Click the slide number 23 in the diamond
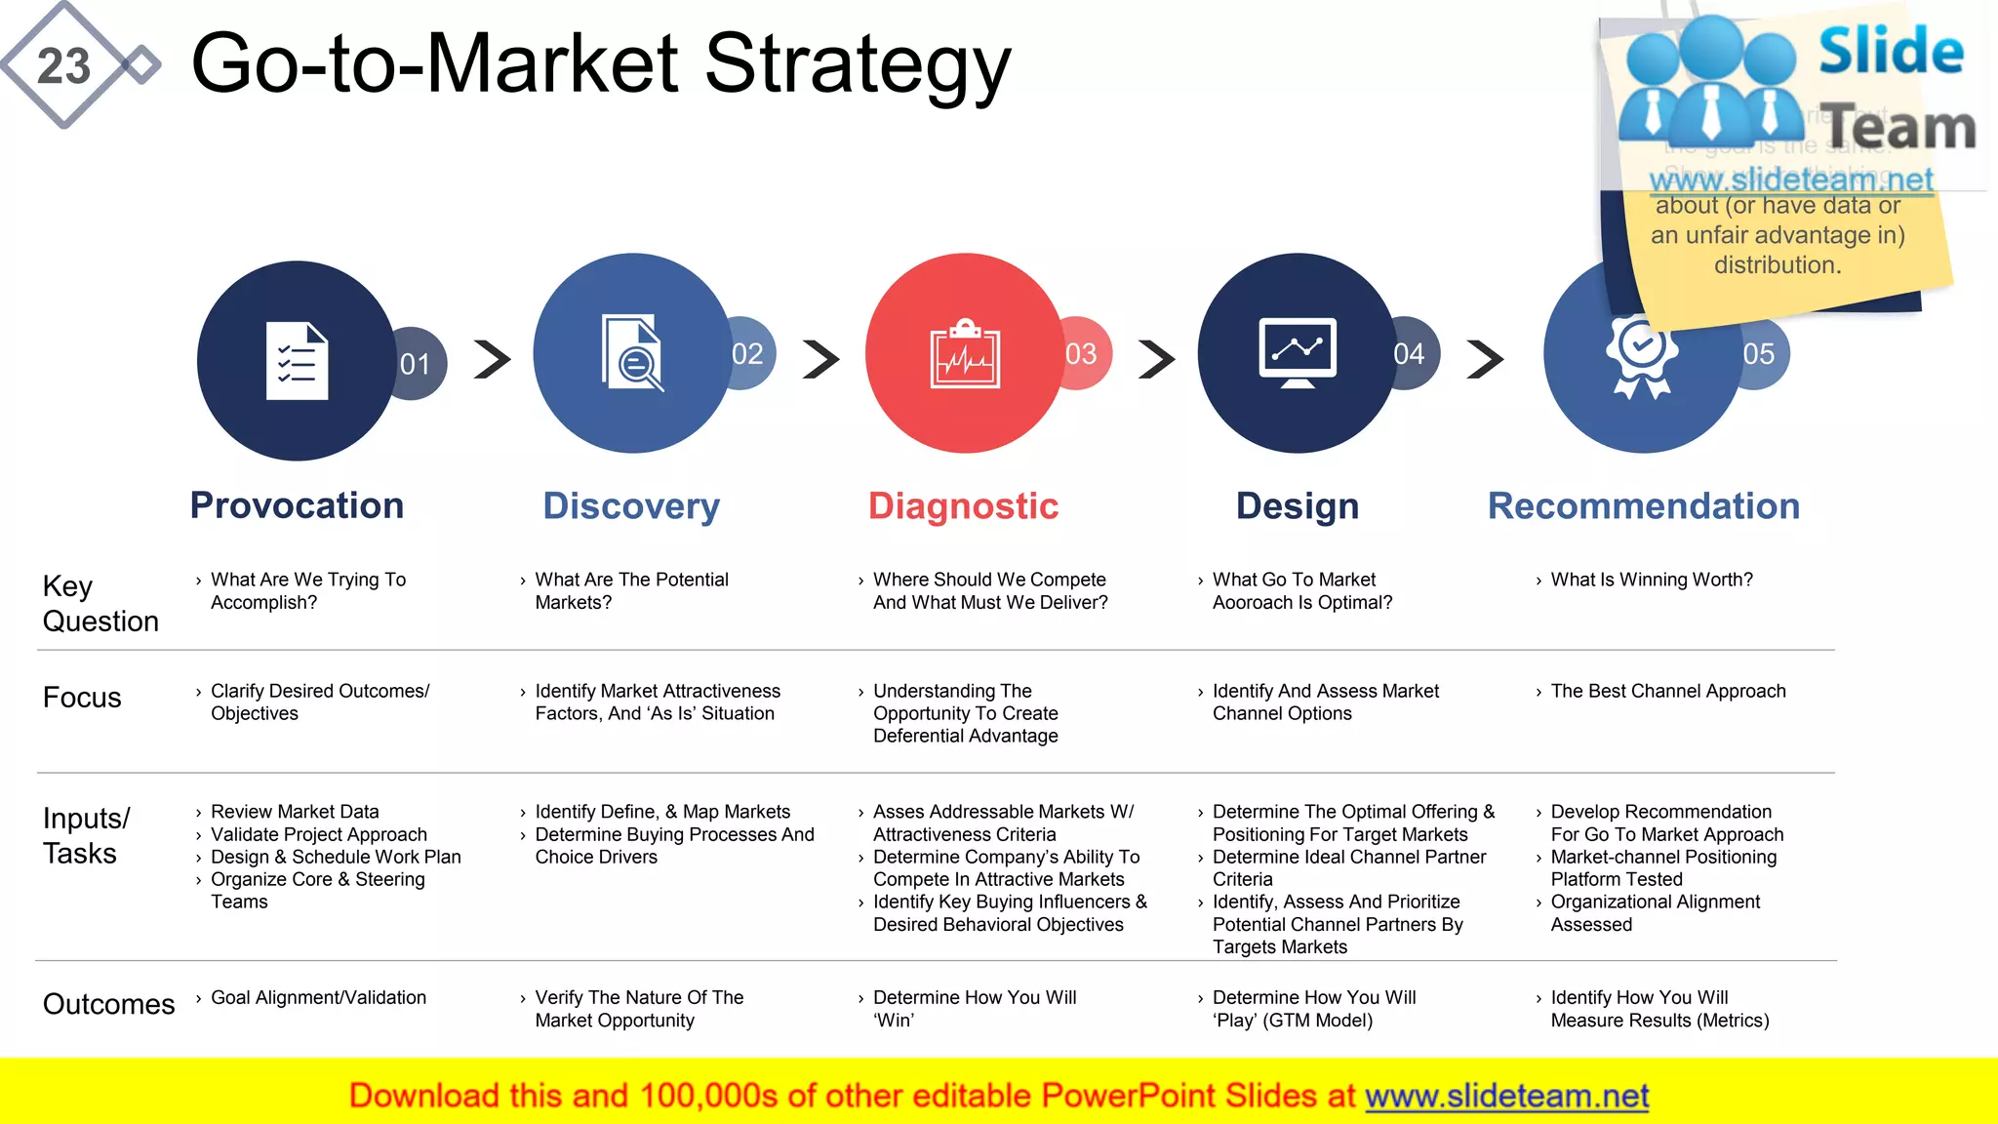point(63,66)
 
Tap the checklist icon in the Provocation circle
point(297,361)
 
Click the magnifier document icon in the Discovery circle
point(632,353)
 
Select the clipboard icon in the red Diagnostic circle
point(965,354)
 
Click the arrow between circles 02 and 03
point(821,359)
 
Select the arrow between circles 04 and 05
point(1485,359)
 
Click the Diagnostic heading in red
point(963,505)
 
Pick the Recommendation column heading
point(1643,505)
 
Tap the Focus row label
point(82,698)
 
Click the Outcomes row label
point(108,1004)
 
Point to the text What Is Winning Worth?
point(1652,580)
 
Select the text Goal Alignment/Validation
point(318,997)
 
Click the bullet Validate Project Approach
point(318,834)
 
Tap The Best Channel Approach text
point(1668,691)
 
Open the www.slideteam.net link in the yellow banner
point(1506,1096)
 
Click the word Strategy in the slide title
point(858,63)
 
